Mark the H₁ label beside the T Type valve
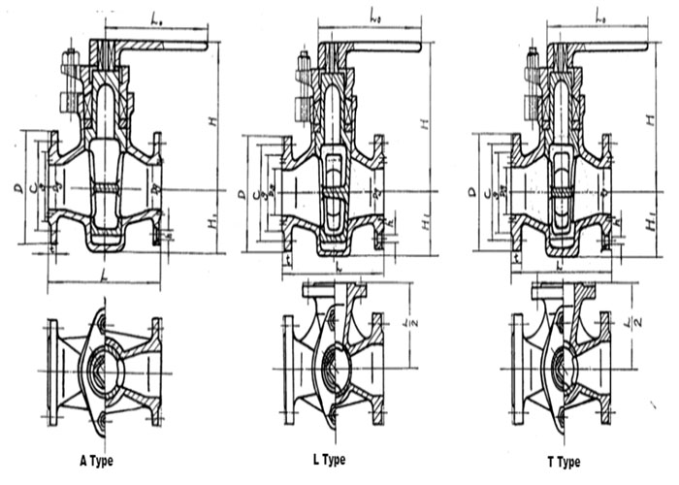tap(647, 226)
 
